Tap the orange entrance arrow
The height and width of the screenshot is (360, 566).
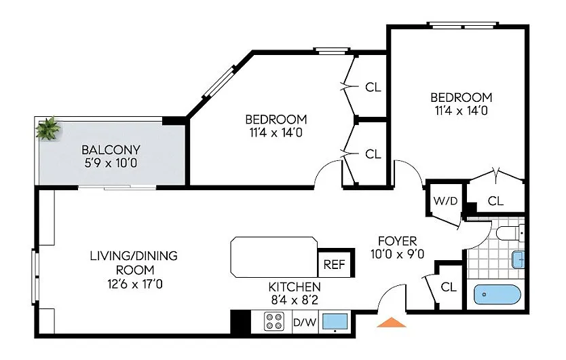pyautogui.click(x=392, y=323)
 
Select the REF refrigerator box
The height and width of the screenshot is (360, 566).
pyautogui.click(x=333, y=265)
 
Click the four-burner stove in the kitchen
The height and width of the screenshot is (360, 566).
pyautogui.click(x=274, y=321)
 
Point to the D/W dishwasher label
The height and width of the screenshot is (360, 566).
pyautogui.click(x=304, y=321)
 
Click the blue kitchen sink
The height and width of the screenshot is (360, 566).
pyautogui.click(x=335, y=321)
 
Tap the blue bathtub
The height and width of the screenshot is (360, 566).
pyautogui.click(x=499, y=295)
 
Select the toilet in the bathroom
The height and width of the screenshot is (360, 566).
pyautogui.click(x=508, y=234)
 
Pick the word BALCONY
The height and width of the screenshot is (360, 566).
pyautogui.click(x=111, y=150)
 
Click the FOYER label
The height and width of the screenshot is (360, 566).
pyautogui.click(x=397, y=241)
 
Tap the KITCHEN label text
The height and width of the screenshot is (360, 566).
pyautogui.click(x=295, y=287)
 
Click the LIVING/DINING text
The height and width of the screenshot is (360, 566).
pyautogui.click(x=134, y=256)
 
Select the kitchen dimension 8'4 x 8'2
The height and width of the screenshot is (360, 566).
pyautogui.click(x=295, y=300)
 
